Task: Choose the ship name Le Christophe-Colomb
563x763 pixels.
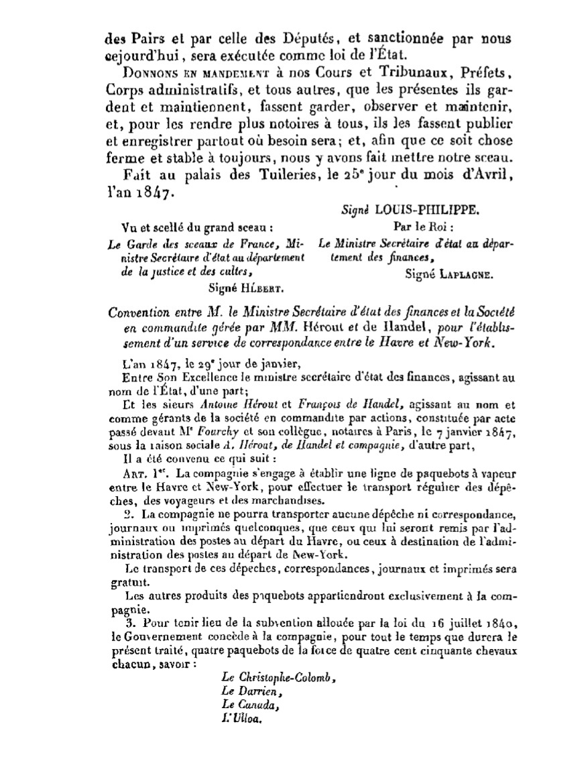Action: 277,679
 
